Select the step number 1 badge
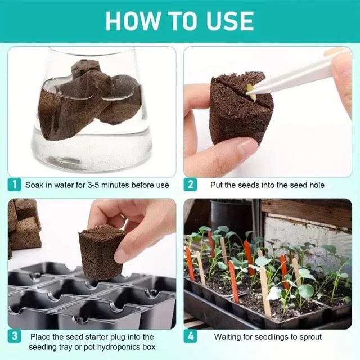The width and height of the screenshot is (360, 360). click(x=14, y=184)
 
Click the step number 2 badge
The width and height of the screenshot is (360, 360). click(x=190, y=184)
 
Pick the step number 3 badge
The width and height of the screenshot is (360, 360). click(x=14, y=336)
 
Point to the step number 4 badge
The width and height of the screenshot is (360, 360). click(x=190, y=336)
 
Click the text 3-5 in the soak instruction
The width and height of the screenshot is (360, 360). click(x=93, y=185)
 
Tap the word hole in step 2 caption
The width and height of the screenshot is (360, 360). click(x=317, y=185)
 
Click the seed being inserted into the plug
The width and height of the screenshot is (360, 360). click(x=251, y=92)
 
